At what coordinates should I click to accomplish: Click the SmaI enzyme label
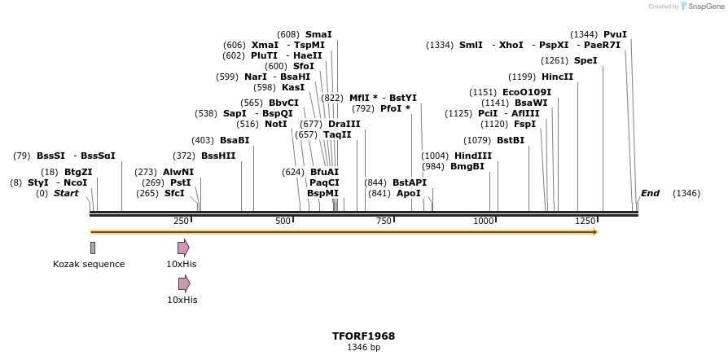(x=318, y=34)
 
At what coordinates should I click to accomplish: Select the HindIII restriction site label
(x=473, y=156)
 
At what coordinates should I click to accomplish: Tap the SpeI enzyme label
(x=585, y=60)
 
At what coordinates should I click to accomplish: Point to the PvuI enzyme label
(x=615, y=34)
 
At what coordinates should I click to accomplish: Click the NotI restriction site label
(x=276, y=124)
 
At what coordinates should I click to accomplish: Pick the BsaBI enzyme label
(x=234, y=140)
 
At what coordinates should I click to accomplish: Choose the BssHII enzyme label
(x=218, y=156)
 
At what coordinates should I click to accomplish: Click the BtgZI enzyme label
(x=78, y=172)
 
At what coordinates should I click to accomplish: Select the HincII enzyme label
(x=557, y=77)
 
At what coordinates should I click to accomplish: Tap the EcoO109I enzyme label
(x=527, y=92)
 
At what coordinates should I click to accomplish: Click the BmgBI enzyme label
(x=467, y=166)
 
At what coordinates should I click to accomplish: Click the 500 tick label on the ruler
(x=283, y=221)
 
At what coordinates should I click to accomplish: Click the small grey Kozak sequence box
(x=93, y=248)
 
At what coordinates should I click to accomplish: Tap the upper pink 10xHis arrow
(x=183, y=248)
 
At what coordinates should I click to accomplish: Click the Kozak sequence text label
(x=89, y=264)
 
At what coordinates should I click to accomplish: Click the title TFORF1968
(x=363, y=336)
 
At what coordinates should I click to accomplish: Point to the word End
(x=650, y=193)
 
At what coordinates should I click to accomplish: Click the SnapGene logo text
(x=704, y=7)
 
